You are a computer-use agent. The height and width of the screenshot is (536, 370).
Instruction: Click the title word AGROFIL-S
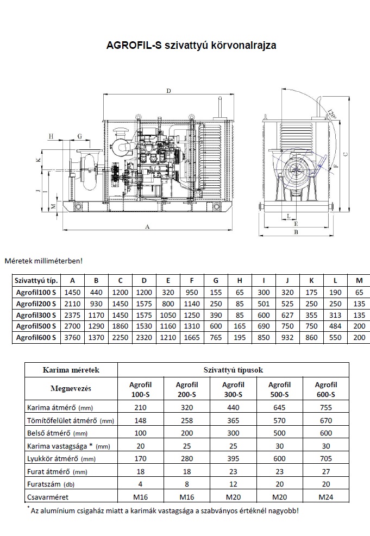click(x=134, y=45)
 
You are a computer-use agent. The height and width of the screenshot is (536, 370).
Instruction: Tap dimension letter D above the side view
click(x=168, y=91)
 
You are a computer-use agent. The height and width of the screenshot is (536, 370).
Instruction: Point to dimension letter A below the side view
click(x=147, y=226)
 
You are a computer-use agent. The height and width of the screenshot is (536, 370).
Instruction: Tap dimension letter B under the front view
click(x=296, y=232)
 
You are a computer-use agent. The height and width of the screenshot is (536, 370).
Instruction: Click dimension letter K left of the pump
click(x=39, y=160)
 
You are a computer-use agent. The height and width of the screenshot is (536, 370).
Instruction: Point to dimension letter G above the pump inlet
click(x=80, y=136)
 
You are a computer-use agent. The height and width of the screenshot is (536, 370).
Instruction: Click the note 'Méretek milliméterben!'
click(x=43, y=261)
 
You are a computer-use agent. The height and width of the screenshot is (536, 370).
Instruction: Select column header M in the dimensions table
click(x=359, y=281)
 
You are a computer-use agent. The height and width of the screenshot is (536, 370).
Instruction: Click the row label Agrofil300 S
click(x=36, y=315)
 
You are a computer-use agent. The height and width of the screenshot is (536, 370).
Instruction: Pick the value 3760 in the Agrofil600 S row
click(x=72, y=337)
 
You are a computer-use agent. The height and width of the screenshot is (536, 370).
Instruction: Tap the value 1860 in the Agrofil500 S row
click(x=120, y=326)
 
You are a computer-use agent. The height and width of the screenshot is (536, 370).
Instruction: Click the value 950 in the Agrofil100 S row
click(x=192, y=292)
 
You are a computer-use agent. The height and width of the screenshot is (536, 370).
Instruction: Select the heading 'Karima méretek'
click(x=71, y=370)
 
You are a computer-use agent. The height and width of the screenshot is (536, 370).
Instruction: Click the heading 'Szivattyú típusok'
click(x=233, y=370)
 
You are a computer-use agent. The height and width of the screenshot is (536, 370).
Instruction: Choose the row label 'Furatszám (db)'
click(x=51, y=484)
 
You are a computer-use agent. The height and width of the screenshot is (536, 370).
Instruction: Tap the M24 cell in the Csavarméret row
click(x=326, y=497)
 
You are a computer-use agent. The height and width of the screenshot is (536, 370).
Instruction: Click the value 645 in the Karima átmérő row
click(x=279, y=407)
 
